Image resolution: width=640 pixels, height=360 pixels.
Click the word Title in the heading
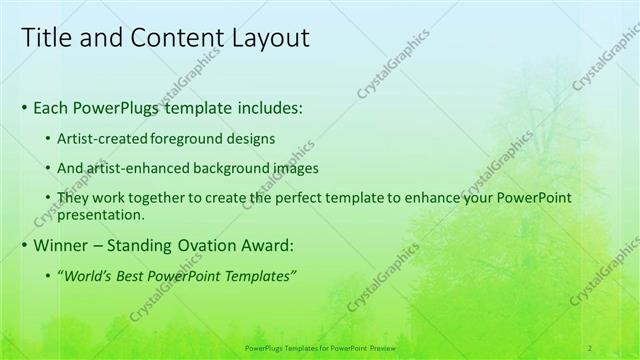(46, 38)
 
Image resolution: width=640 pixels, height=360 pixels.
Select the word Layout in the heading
(266, 38)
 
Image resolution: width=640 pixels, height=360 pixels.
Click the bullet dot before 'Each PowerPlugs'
(25, 107)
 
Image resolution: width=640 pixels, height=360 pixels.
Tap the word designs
(254, 139)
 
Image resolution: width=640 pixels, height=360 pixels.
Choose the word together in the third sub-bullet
(167, 198)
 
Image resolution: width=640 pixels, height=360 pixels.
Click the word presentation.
(103, 214)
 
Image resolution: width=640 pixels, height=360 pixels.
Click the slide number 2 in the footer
(590, 347)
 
